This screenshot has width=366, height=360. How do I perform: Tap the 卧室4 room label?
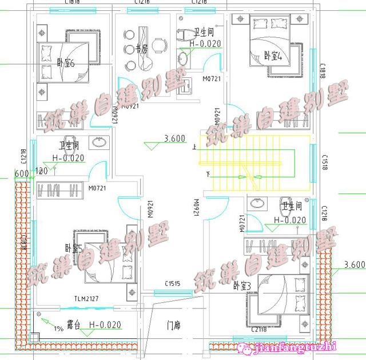(273, 56)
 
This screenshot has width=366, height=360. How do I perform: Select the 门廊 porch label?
(174, 326)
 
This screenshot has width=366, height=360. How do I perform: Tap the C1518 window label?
(324, 160)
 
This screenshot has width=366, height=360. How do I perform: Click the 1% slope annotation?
(58, 328)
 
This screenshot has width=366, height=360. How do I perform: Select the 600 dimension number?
(22, 173)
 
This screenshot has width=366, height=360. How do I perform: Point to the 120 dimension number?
(41, 171)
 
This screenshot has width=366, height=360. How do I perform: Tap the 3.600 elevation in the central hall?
(174, 138)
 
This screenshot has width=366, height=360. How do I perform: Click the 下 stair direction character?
(208, 175)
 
